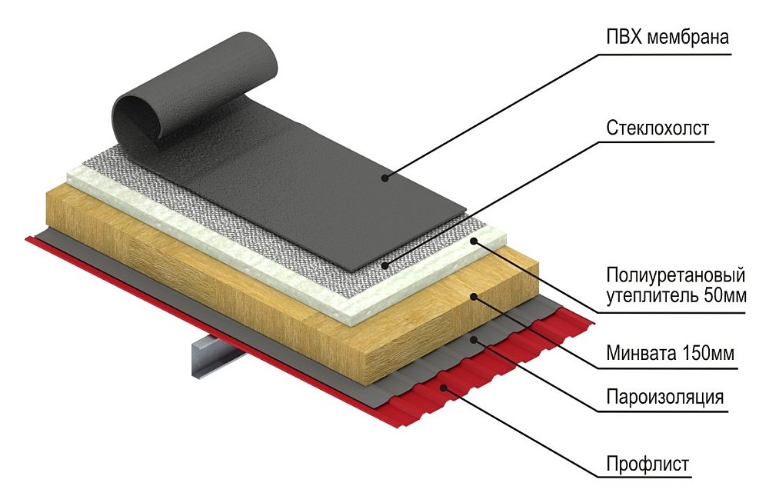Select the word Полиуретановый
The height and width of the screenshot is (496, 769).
(x=676, y=275)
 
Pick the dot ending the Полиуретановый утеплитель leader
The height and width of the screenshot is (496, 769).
(x=475, y=241)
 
